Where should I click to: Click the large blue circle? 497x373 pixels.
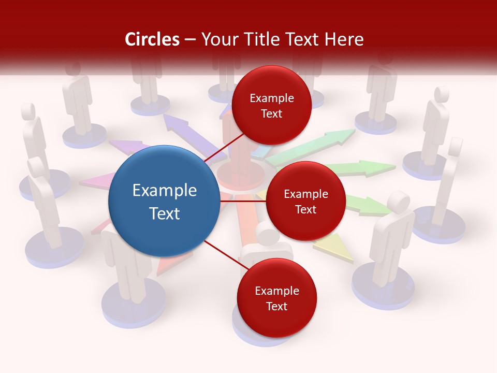click(x=164, y=201)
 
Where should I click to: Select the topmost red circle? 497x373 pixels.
click(x=271, y=105)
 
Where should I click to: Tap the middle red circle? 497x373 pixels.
click(x=305, y=201)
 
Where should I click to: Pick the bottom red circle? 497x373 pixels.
click(x=276, y=298)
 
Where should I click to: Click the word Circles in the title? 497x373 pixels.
click(x=152, y=39)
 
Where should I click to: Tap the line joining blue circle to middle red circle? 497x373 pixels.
click(x=242, y=201)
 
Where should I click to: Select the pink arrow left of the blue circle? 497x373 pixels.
click(x=96, y=182)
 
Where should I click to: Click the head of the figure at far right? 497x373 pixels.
click(x=456, y=147)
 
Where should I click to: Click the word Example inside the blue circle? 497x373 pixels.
click(x=165, y=191)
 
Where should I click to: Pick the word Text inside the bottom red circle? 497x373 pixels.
click(x=276, y=306)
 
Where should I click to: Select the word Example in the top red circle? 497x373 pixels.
click(x=272, y=98)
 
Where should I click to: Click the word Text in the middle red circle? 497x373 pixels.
click(x=305, y=209)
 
